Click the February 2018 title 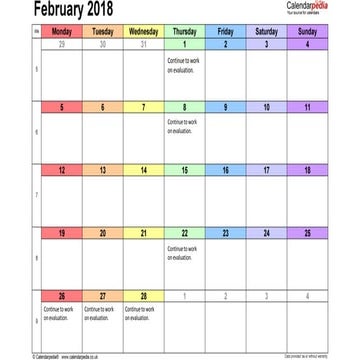(x=59, y=9)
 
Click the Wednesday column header (x=143, y=32)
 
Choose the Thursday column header (x=184, y=32)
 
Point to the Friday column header (x=225, y=32)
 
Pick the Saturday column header (x=266, y=32)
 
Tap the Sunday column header (x=307, y=32)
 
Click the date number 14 (x=143, y=170)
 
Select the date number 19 (x=62, y=233)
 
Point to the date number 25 (x=307, y=233)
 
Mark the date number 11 (x=307, y=107)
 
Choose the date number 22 (x=184, y=233)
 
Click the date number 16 (x=225, y=170)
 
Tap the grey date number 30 (x=102, y=45)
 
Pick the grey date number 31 (x=143, y=45)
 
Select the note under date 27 (x=97, y=311)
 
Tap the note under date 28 (x=138, y=311)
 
